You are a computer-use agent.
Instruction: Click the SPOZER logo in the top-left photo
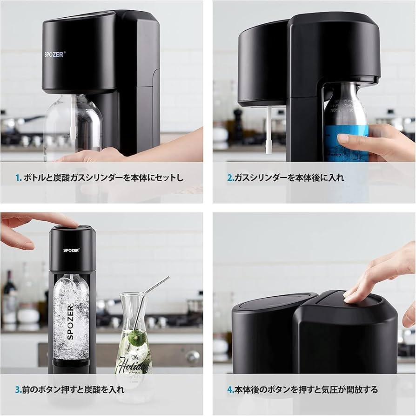tap(55, 54)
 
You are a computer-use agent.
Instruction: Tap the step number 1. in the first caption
tap(19, 177)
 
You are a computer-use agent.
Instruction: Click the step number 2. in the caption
tap(230, 177)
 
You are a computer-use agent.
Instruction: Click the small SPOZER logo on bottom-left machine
tap(72, 250)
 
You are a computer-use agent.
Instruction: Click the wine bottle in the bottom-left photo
tap(9, 298)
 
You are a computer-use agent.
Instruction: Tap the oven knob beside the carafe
tap(192, 357)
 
